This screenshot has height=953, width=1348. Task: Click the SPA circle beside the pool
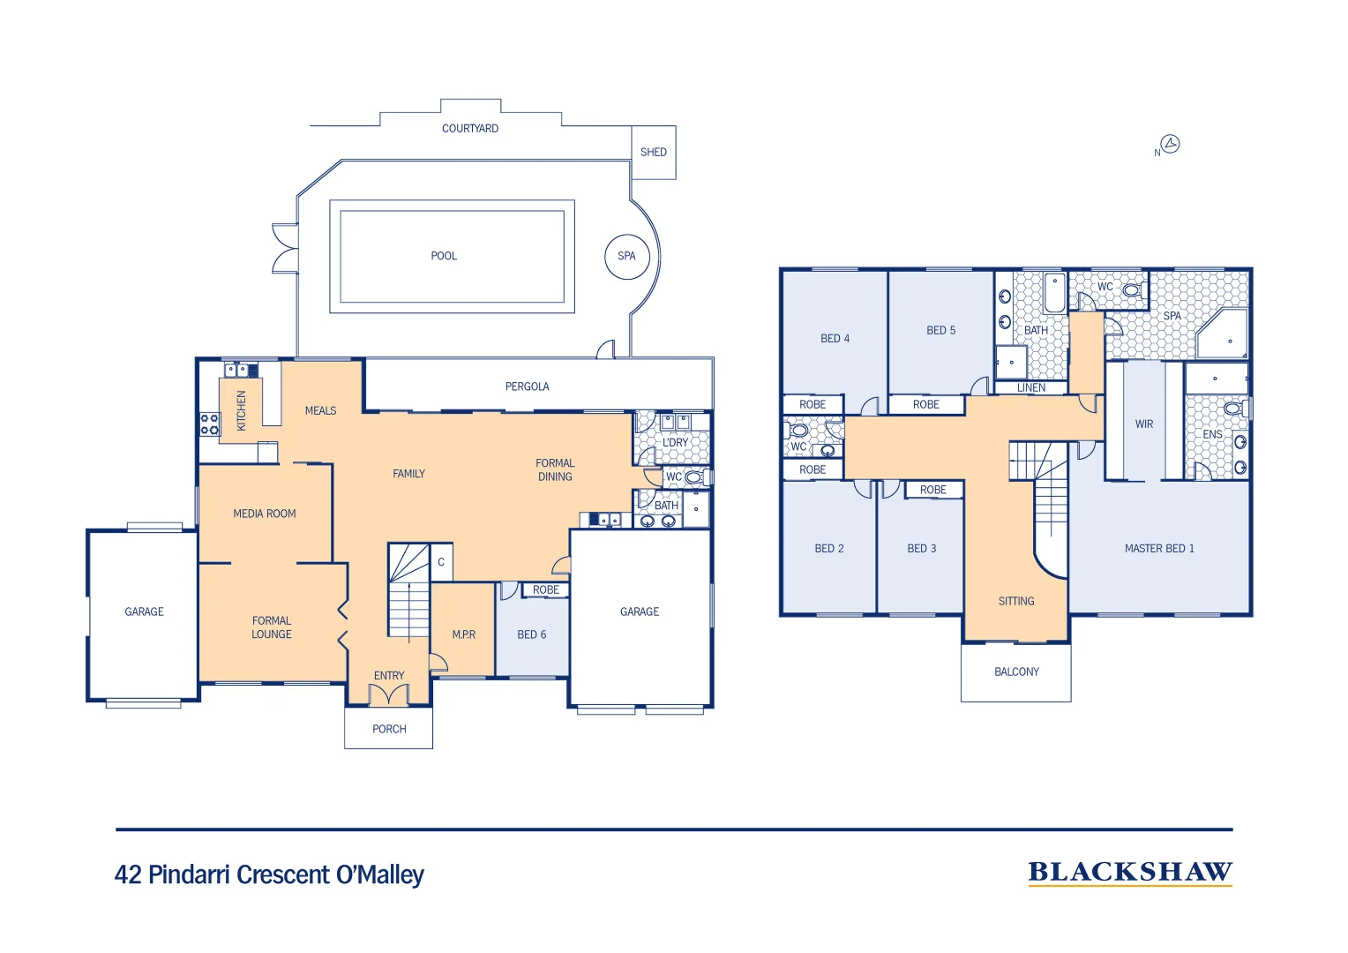point(626,257)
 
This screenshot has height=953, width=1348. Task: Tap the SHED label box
point(654,153)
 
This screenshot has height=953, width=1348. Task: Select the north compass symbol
point(1170,144)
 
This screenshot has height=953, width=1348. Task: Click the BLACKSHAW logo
point(1130,873)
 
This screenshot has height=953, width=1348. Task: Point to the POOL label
point(444,256)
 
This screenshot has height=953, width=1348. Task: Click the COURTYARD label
point(470,129)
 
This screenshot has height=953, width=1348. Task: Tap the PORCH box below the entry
point(389,729)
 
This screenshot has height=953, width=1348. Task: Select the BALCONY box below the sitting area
point(1016,672)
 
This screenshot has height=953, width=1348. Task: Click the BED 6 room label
point(532,634)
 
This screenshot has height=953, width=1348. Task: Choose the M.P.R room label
point(464,634)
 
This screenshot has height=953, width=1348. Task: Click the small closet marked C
point(441,562)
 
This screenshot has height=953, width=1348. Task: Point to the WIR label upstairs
point(1144,424)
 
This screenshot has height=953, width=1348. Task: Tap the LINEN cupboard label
point(1030,388)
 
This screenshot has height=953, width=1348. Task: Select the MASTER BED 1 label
point(1159,549)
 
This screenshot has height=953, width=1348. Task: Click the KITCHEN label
point(242,410)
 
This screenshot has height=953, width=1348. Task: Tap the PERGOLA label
point(527,386)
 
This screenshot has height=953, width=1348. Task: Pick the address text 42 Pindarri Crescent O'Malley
point(269,874)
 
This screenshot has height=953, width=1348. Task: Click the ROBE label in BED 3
point(932,490)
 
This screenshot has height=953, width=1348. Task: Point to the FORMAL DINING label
point(555,469)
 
